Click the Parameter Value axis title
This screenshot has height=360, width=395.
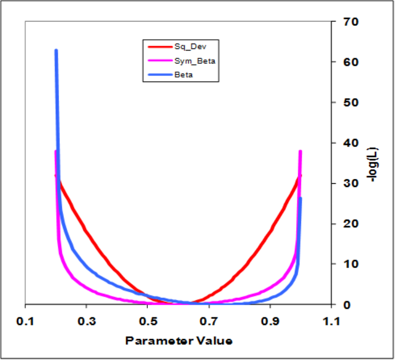pos(178,341)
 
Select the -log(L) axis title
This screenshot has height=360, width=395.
pos(375,163)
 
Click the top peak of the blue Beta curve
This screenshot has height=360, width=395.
pos(56,51)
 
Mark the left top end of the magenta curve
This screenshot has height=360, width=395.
pos(56,152)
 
